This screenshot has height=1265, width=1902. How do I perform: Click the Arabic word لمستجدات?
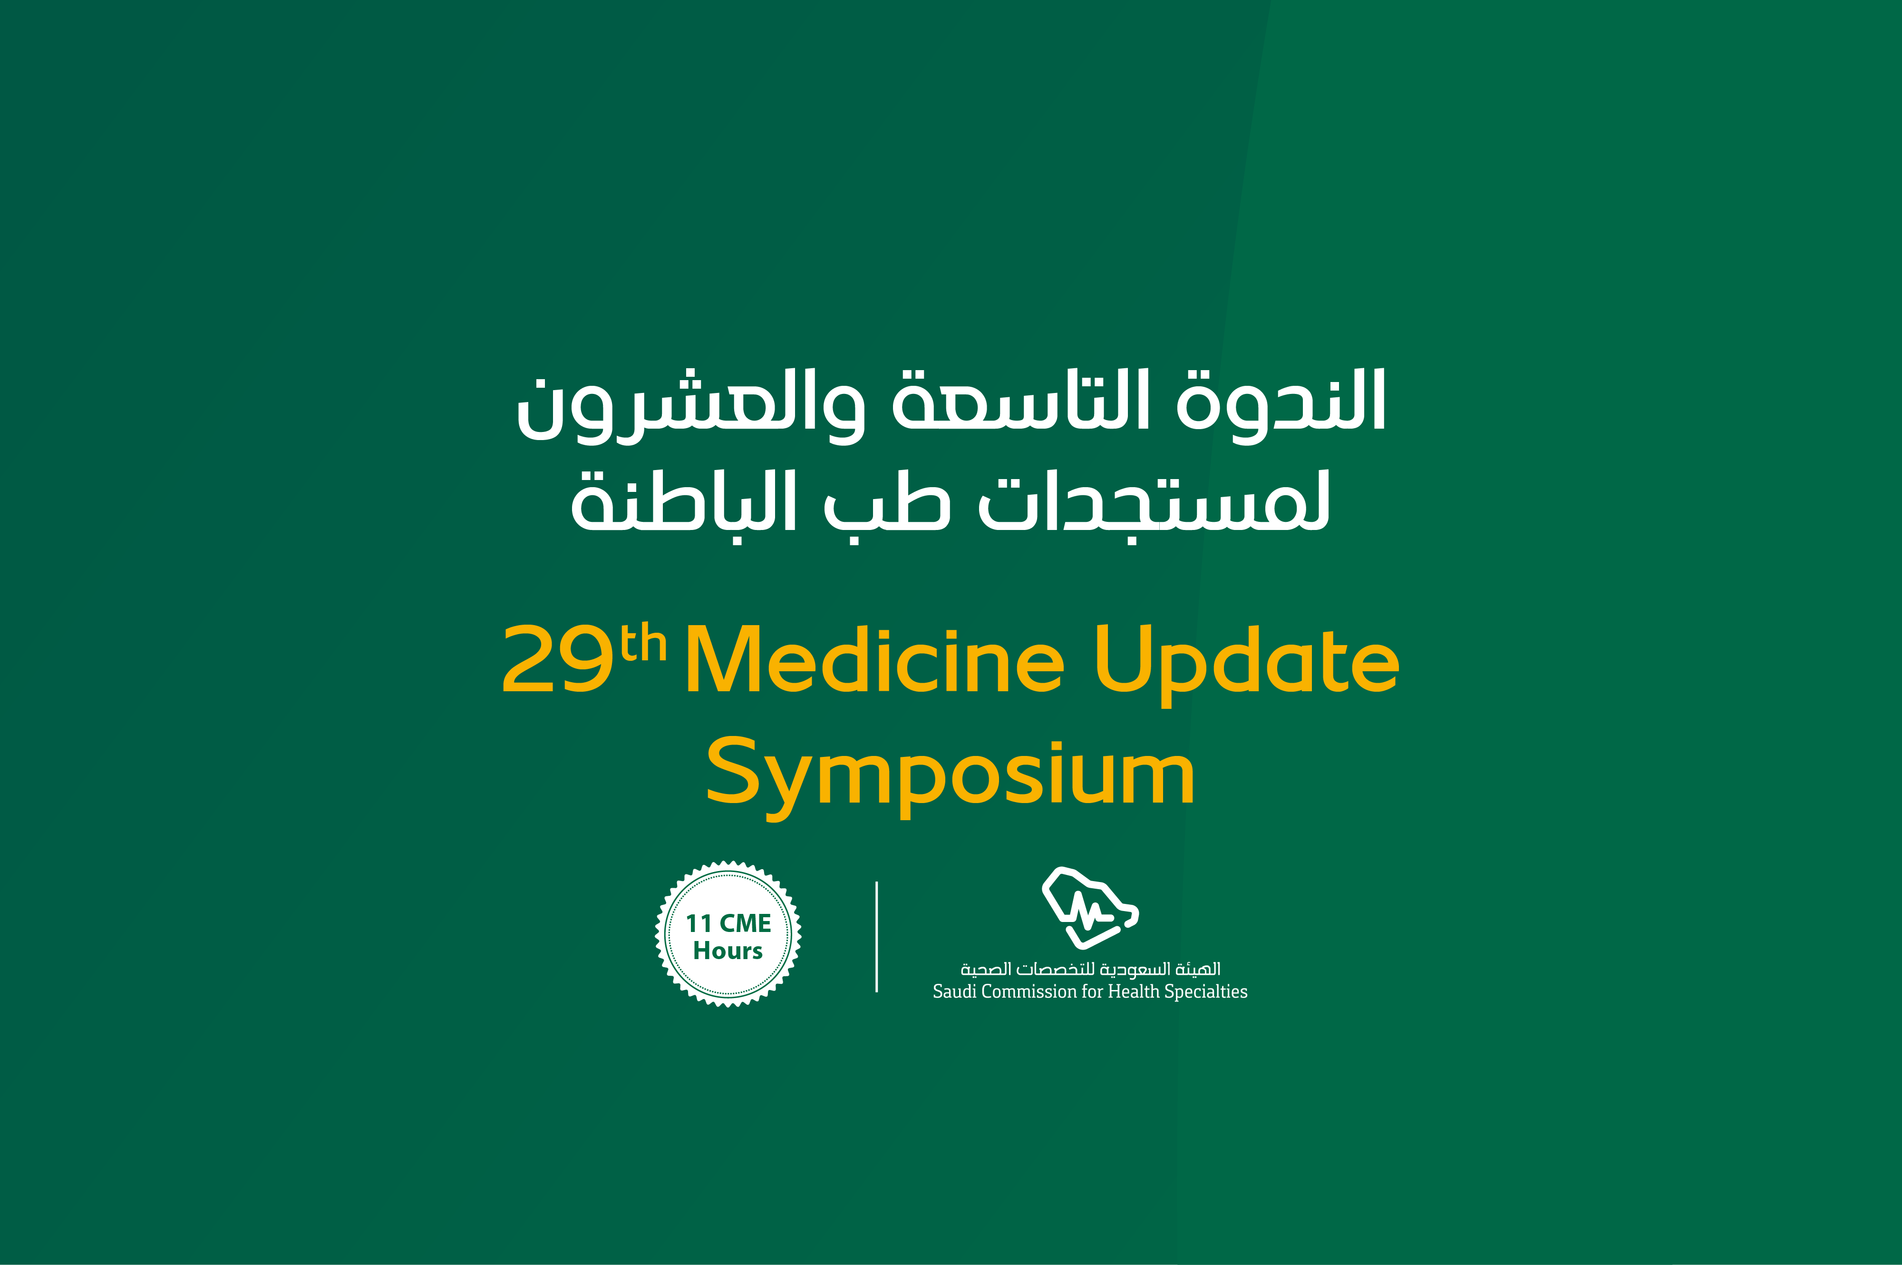[x=1154, y=502]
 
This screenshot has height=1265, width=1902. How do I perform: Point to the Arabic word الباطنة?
[x=684, y=500]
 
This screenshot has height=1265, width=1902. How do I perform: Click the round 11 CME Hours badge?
[x=728, y=934]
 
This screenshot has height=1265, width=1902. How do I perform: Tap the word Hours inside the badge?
[x=728, y=951]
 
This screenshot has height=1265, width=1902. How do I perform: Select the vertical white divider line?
[x=876, y=937]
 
